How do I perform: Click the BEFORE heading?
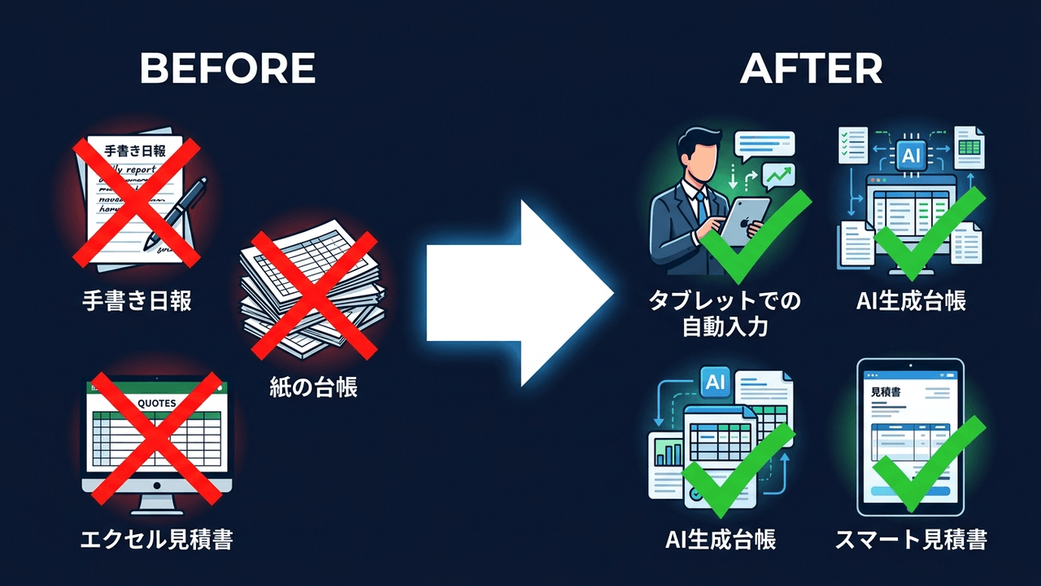227,69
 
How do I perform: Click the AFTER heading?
811,69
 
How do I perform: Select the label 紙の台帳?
313,387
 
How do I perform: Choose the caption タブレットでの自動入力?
725,314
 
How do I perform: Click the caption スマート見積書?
911,539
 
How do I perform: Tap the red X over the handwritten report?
137,202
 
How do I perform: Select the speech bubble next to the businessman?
764,145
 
